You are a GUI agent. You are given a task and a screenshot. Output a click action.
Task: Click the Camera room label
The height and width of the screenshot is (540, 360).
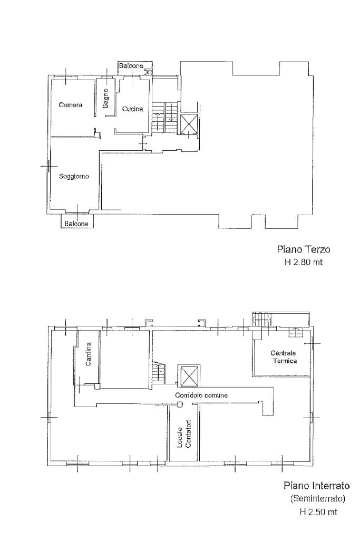(x=71, y=105)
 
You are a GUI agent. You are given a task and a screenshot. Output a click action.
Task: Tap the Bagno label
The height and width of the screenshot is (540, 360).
(x=105, y=98)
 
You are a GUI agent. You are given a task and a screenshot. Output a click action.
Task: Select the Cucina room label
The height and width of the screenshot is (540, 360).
(x=132, y=109)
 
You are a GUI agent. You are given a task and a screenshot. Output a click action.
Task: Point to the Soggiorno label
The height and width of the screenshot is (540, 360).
(x=74, y=176)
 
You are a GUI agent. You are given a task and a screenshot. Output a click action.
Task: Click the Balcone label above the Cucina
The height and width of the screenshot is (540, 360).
(x=131, y=66)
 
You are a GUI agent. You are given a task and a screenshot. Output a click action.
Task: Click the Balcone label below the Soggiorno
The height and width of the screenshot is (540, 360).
(x=76, y=224)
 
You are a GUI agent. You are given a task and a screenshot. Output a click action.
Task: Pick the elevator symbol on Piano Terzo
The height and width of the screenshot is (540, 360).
(x=189, y=124)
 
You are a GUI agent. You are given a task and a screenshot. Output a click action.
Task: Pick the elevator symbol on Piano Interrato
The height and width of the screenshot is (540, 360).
(x=188, y=375)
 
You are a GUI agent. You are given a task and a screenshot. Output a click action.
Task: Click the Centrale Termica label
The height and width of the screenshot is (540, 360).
(x=284, y=357)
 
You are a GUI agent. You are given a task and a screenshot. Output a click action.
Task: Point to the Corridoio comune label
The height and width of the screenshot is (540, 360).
(x=201, y=395)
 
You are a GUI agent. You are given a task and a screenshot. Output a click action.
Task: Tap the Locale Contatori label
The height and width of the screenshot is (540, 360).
(x=184, y=434)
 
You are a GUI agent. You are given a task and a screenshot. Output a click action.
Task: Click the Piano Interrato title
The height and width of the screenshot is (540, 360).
(x=317, y=486)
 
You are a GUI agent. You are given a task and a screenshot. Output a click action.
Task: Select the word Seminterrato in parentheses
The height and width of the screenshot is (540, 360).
(x=318, y=498)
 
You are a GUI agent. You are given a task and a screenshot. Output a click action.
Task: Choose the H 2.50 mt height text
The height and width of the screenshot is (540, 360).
(x=318, y=512)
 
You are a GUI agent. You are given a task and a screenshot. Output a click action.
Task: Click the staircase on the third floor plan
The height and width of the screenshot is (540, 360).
(x=164, y=117)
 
